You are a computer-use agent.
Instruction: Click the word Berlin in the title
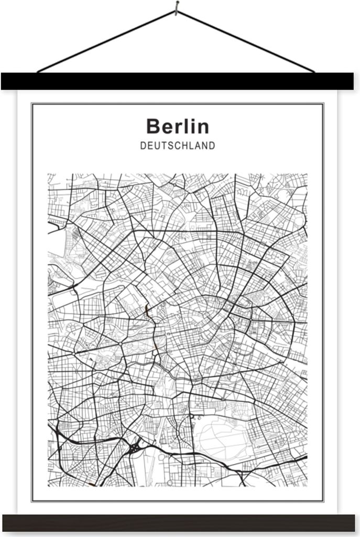point(177,126)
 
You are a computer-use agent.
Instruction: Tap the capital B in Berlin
point(152,127)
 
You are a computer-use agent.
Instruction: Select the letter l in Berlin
point(186,126)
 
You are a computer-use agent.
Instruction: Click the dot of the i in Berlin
point(192,120)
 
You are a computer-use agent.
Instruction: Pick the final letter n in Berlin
point(203,128)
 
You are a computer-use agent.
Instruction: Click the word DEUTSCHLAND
point(177,146)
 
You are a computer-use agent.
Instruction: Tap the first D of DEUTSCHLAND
point(143,146)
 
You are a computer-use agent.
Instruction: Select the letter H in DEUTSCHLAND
point(186,146)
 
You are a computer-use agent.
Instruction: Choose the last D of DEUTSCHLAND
point(211,146)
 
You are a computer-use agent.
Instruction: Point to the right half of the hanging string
point(246,41)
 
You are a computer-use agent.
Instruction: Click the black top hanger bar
point(177,81)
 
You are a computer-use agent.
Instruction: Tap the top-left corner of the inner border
point(32,104)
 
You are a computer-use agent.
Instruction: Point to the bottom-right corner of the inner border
point(323,501)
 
